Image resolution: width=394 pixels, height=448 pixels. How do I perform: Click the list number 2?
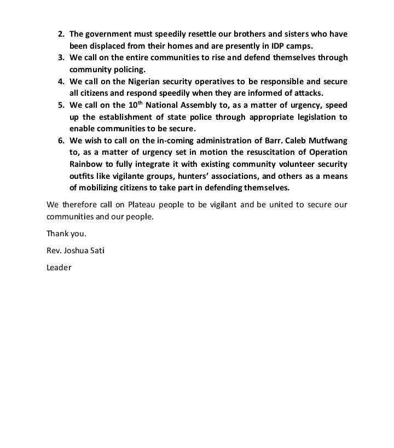tap(61, 34)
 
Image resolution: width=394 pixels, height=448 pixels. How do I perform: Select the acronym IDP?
tap(280, 46)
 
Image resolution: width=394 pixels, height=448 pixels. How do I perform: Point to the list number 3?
tap(61, 57)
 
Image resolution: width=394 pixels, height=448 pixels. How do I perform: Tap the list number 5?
tap(61, 105)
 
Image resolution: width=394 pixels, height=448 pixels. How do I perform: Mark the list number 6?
tap(61, 141)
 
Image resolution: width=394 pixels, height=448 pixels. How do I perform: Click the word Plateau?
tap(155, 205)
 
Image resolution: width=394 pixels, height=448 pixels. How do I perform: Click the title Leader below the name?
tap(59, 268)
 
